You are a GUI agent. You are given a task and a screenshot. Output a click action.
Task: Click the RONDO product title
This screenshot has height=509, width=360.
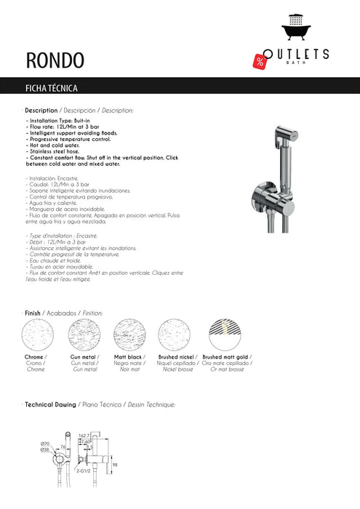pos(55,57)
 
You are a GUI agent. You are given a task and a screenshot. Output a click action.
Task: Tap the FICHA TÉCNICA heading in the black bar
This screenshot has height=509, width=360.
pos(52,88)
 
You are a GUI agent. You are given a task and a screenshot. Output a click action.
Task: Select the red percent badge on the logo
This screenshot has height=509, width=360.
pos(260,61)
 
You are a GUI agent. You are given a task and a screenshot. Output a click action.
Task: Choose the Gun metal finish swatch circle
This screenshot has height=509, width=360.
pos(86,336)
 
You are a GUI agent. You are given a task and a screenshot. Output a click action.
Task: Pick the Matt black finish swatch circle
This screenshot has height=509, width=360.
pos(130,336)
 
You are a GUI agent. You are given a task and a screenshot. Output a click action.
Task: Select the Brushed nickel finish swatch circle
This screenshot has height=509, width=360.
pos(175,336)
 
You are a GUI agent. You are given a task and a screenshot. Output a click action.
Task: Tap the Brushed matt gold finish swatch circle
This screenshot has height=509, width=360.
pos(226,336)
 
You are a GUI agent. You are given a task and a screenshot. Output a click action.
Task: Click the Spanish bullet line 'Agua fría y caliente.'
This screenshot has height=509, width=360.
pos(55,205)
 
